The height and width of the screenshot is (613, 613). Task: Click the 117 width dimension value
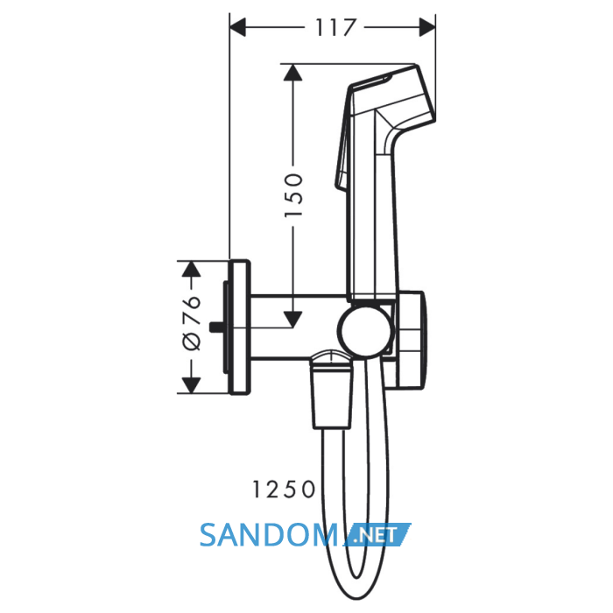click(x=335, y=27)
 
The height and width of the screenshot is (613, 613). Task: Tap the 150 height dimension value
click(x=293, y=195)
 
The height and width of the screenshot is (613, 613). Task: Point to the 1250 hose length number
click(x=284, y=489)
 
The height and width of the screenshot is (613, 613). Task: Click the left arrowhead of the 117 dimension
click(x=237, y=27)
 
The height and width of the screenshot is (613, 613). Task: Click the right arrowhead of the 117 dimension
click(x=427, y=27)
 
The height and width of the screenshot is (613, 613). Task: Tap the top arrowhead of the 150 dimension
click(x=293, y=73)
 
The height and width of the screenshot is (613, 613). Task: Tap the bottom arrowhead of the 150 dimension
click(x=293, y=319)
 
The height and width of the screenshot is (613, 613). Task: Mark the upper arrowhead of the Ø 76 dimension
click(x=192, y=269)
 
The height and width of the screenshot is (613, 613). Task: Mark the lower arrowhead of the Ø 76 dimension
click(x=192, y=385)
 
